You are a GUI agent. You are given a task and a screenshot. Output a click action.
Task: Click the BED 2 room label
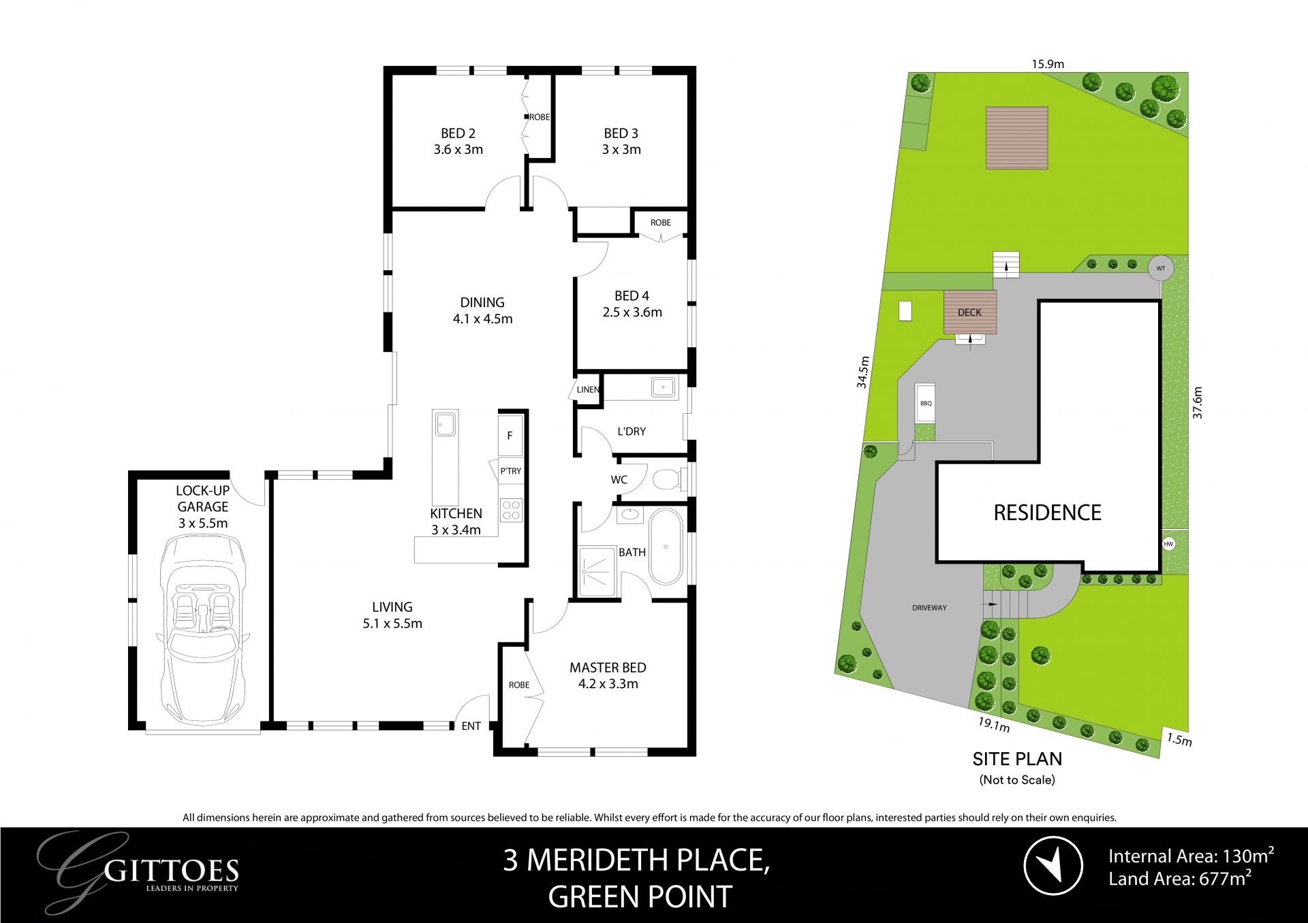point(458,133)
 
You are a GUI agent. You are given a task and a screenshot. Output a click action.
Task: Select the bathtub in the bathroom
point(666,547)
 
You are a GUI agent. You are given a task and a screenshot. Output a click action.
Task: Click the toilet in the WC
point(667,481)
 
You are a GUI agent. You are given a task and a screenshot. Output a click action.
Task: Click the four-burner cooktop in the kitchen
point(511,511)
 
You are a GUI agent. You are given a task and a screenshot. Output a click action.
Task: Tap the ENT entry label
point(471,726)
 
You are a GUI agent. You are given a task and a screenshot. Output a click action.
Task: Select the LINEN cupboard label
point(588,390)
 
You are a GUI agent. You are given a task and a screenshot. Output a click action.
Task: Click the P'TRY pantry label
point(510,471)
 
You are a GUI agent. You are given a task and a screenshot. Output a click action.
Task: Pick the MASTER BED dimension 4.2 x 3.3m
point(608,684)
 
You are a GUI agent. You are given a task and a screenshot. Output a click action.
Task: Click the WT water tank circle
point(1161,268)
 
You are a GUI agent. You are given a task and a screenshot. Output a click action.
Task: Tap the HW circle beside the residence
point(1169,544)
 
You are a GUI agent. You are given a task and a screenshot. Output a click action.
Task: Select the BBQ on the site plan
point(926,404)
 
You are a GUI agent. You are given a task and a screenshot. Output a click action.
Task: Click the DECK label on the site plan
point(969,312)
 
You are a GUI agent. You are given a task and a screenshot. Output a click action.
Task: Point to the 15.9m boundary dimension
point(1047,65)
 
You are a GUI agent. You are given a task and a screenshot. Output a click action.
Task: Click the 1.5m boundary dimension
point(1179,740)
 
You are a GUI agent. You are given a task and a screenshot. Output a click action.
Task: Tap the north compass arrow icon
point(1053,865)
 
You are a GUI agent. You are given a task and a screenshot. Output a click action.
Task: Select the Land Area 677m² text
point(1179,879)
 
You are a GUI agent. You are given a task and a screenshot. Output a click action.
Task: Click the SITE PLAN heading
point(1017,759)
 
